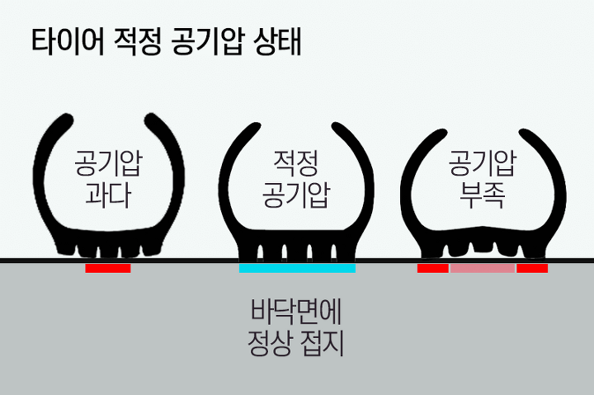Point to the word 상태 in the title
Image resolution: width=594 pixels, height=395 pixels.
pos(281,42)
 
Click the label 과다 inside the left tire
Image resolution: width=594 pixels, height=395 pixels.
pos(107,195)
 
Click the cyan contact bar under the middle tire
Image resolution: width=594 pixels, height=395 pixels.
pos(297,268)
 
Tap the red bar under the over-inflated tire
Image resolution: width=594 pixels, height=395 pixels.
pos(107,268)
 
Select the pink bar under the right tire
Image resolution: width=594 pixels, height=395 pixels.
pos(483,268)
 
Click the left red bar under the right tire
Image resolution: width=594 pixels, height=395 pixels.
pos(433,268)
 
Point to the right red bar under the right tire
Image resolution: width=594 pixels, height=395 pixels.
pos(532,268)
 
